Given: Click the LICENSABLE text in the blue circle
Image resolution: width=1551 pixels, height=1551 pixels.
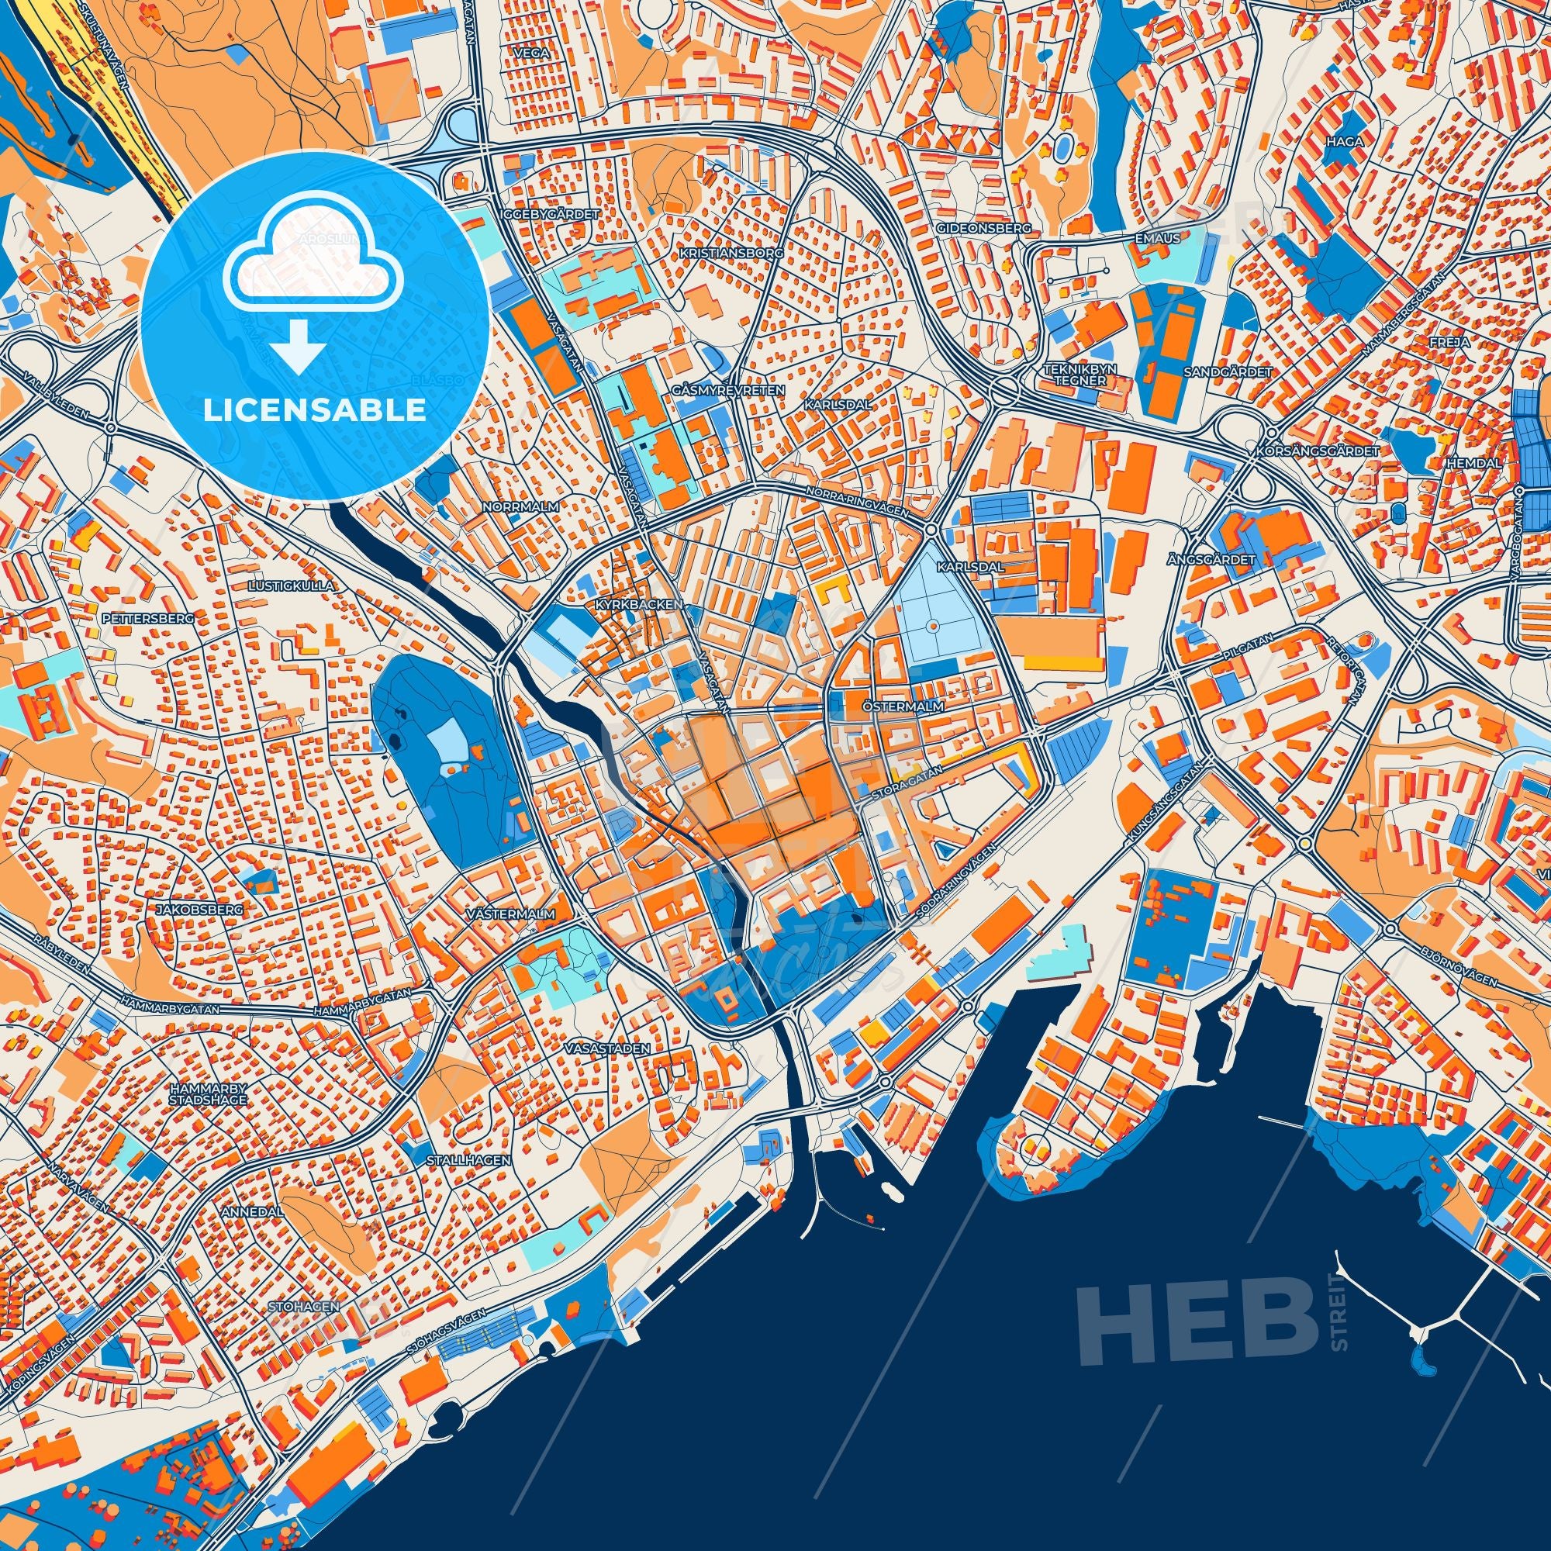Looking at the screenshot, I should [314, 410].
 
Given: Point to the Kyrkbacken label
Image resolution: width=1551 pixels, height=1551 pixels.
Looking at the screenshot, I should [639, 603].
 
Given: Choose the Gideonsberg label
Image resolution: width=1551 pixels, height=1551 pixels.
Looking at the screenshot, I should [983, 228].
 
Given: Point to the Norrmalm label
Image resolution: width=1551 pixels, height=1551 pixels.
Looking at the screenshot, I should [520, 506].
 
